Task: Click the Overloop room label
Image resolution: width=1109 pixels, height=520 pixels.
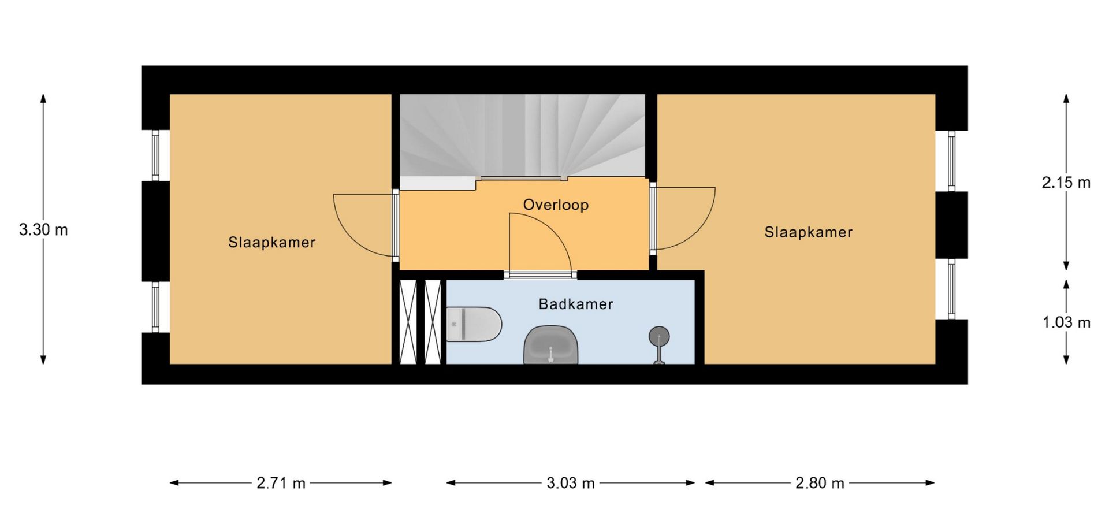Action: [x=556, y=205]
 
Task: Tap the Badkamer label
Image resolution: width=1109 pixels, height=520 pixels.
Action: [x=576, y=304]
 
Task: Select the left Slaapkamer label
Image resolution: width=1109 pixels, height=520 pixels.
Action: [x=272, y=242]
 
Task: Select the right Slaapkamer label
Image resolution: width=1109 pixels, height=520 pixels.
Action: [x=809, y=232]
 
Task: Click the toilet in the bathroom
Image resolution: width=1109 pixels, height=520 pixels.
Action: [x=474, y=325]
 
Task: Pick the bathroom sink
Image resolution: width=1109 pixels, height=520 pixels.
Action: [x=551, y=345]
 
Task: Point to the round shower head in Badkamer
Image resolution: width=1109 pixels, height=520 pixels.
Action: [x=659, y=336]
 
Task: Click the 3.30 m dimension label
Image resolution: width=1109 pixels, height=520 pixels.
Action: [x=43, y=230]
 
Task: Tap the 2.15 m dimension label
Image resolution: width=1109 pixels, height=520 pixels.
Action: [x=1066, y=183]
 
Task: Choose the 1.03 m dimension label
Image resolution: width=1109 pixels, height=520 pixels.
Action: [x=1066, y=322]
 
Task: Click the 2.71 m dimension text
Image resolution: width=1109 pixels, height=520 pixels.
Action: [x=281, y=483]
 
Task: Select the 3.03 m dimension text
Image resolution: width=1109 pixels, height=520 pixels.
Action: [x=571, y=483]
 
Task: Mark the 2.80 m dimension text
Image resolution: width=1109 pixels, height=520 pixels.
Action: [x=820, y=483]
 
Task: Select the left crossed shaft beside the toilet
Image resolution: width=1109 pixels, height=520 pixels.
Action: [x=408, y=322]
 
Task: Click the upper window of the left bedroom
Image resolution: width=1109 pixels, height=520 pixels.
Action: [x=155, y=155]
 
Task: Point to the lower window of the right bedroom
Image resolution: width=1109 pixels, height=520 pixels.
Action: [x=951, y=289]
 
